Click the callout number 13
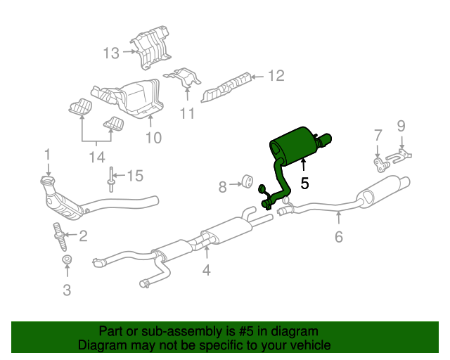point(111,53)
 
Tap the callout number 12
point(276,76)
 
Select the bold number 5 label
point(304,183)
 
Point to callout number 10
point(154,138)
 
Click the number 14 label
point(97,157)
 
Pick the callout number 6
point(339,237)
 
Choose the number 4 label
point(206,270)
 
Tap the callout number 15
point(135,176)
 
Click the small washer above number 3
point(67,259)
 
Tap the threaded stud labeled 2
point(61,236)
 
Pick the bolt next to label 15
point(110,179)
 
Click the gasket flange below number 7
point(381,165)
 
